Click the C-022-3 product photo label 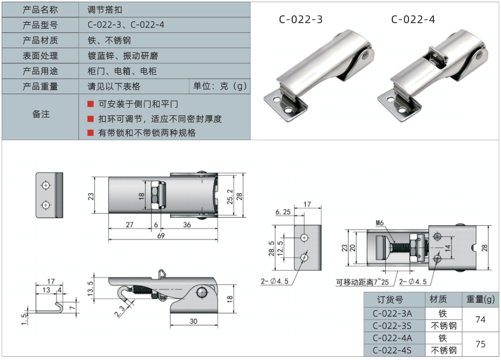(x=301, y=19)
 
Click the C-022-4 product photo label (x=413, y=19)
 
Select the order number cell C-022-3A (x=392, y=313)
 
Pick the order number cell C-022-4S (x=392, y=350)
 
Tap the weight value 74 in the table (x=480, y=319)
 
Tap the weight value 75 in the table (x=480, y=344)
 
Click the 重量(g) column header (x=480, y=299)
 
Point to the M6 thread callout (x=380, y=223)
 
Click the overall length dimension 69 (x=161, y=235)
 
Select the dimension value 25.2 (x=230, y=197)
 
